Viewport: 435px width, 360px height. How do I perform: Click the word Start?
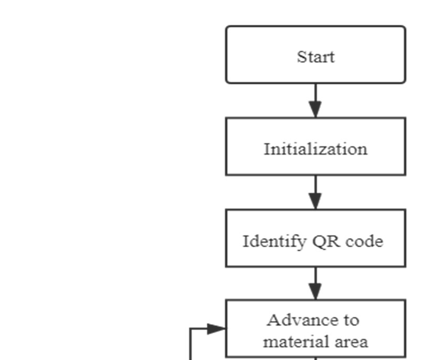click(x=316, y=57)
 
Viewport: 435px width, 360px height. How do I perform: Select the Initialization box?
click(x=316, y=146)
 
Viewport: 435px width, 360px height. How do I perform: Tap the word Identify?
click(x=274, y=242)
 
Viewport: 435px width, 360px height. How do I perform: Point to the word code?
click(x=364, y=241)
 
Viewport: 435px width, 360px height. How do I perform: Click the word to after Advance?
click(x=352, y=321)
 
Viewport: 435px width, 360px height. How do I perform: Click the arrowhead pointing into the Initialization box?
click(x=315, y=109)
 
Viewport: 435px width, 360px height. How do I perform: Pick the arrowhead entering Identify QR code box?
click(x=315, y=202)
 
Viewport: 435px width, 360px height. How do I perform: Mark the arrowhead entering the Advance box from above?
click(x=315, y=291)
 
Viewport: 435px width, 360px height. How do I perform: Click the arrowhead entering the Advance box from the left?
click(x=217, y=329)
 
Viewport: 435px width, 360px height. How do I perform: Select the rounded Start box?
click(x=316, y=55)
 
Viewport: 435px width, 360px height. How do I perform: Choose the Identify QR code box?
click(x=316, y=238)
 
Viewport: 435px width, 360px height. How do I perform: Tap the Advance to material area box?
click(x=316, y=329)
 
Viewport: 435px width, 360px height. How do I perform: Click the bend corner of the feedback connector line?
click(x=190, y=329)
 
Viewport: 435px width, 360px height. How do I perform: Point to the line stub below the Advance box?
click(x=315, y=358)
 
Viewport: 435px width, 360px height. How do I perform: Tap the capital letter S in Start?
click(x=301, y=57)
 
